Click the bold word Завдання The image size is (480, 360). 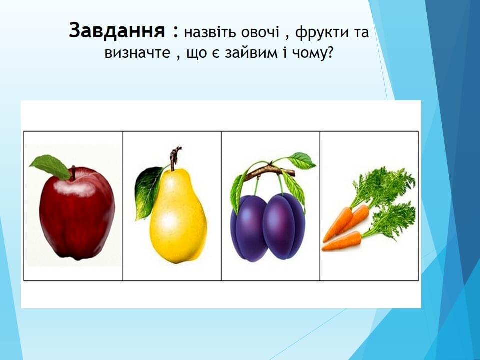pos(117,31)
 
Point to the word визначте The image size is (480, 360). pos(137,53)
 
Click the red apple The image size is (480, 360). pos(77,213)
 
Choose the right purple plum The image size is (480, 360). pos(284,226)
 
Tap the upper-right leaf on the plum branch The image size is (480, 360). pos(301,160)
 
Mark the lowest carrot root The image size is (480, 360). pos(341,242)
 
